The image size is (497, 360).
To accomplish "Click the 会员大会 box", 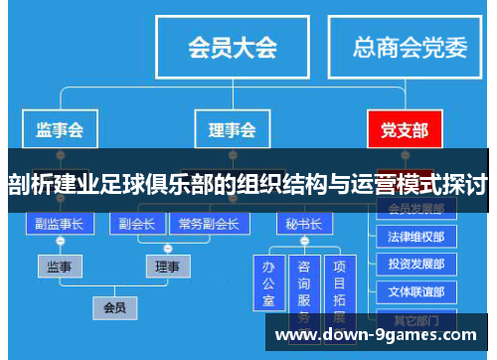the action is tap(232, 48).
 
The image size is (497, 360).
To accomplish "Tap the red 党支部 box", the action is tap(404, 129).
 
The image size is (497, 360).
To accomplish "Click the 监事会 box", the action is tap(59, 129).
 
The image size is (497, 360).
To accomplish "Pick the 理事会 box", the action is tap(232, 129).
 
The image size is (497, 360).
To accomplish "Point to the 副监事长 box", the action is tap(59, 224).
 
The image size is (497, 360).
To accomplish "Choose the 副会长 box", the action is tap(136, 224).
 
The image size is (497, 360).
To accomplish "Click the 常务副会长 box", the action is tap(208, 224).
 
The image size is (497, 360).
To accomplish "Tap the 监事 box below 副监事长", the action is tap(59, 267).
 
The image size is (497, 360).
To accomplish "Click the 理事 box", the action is tap(168, 267).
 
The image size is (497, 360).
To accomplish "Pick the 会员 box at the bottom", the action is tap(114, 307).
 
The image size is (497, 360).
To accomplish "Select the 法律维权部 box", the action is tap(416, 238).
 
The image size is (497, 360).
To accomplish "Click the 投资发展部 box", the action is tap(416, 265).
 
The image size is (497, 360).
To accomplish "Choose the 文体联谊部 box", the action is tap(416, 291).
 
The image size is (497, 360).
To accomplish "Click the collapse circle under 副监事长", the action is tap(59, 243).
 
